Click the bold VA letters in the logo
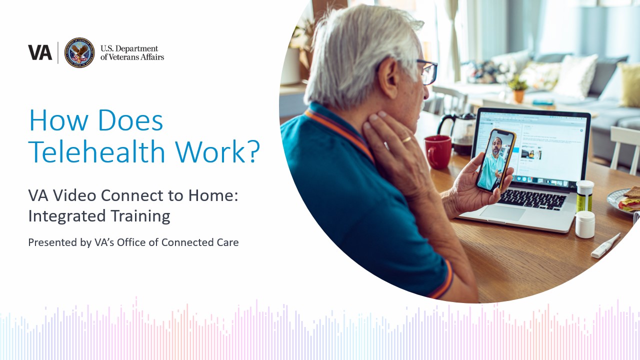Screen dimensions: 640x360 pyautogui.click(x=40, y=52)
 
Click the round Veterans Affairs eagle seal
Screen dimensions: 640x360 pyautogui.click(x=79, y=52)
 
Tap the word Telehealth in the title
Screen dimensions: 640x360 pyautogui.click(x=97, y=151)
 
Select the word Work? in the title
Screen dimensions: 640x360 pyautogui.click(x=217, y=151)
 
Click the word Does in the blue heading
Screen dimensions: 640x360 pyautogui.click(x=130, y=120)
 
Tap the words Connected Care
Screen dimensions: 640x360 pyautogui.click(x=200, y=242)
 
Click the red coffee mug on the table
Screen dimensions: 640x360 pyautogui.click(x=437, y=151)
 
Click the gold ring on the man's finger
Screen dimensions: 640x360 pyautogui.click(x=406, y=139)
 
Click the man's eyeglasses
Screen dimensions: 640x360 pyautogui.click(x=427, y=72)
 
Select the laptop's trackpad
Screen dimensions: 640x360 pyautogui.click(x=502, y=213)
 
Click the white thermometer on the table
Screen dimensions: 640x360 pyautogui.click(x=605, y=246)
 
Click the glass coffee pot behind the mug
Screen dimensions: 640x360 pyautogui.click(x=457, y=133)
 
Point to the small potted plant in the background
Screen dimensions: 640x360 pyautogui.click(x=518, y=89)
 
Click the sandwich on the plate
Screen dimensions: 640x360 pyautogui.click(x=630, y=199)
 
